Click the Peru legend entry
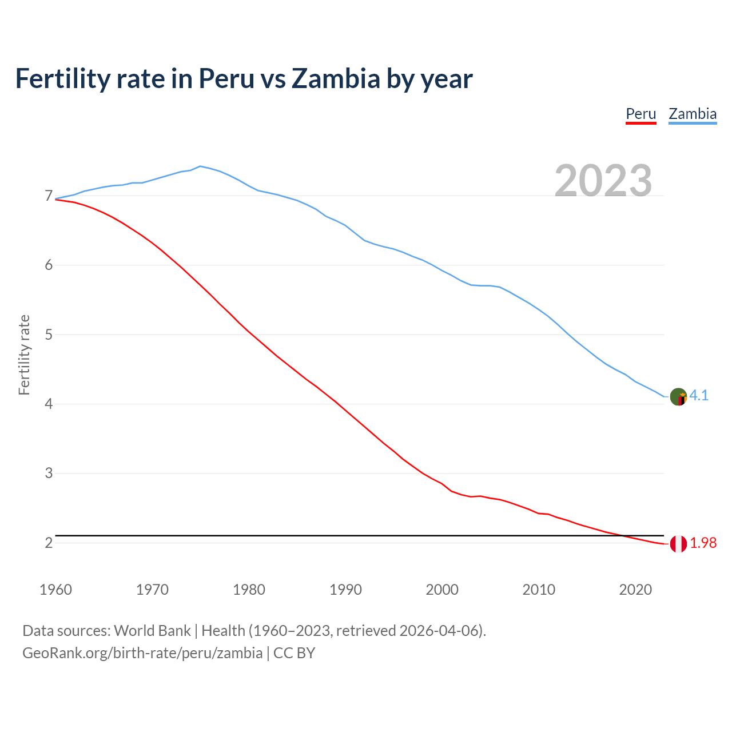640,114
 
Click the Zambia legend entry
693,114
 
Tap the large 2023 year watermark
603,181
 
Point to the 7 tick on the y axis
49,196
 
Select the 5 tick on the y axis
49,335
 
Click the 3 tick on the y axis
49,474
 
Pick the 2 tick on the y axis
49,543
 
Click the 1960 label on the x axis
55,590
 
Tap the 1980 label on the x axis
249,590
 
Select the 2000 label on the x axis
442,590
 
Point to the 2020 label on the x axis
635,590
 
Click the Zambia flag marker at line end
678,396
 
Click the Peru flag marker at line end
678,544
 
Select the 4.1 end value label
699,395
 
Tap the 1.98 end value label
703,543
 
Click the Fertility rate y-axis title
24,355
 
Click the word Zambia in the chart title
335,78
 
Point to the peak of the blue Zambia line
200,166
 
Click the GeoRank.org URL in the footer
142,653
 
